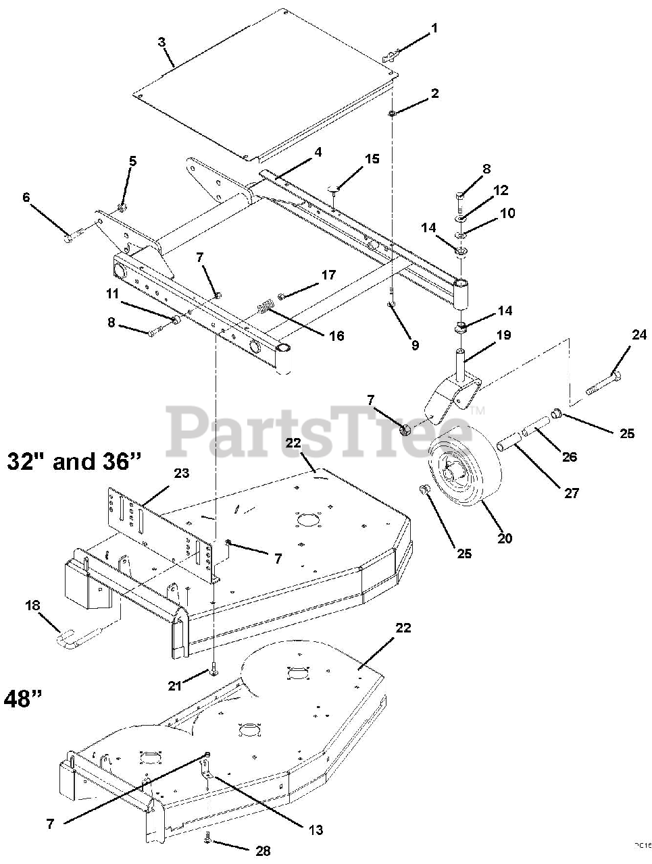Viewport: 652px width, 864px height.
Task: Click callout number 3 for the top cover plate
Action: pos(161,42)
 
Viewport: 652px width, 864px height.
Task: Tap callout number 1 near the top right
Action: pos(434,28)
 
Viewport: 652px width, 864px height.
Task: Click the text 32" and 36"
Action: pos(74,461)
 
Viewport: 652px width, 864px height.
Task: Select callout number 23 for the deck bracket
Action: pos(161,473)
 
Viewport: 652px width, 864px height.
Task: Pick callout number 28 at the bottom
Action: pos(263,850)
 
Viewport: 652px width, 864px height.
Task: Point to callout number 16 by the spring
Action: pos(336,335)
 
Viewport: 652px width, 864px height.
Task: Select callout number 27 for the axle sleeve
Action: pos(572,493)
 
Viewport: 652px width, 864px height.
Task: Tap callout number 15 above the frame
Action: pos(372,159)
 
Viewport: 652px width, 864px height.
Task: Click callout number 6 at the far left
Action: pos(26,197)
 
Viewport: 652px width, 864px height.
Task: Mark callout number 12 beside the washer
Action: pos(501,191)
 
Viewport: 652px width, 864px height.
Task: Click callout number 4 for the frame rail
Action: pos(318,152)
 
